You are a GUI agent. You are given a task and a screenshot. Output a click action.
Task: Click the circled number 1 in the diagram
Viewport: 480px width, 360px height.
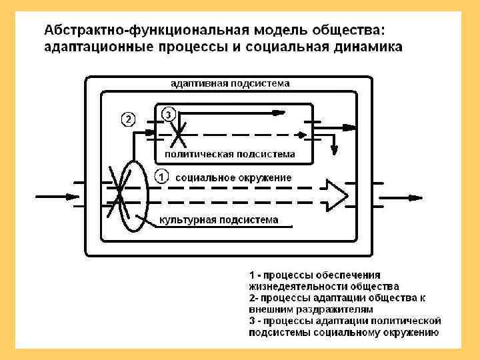pyautogui.click(x=161, y=177)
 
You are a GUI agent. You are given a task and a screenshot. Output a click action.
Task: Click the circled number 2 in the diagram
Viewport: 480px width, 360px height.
pyautogui.click(x=127, y=119)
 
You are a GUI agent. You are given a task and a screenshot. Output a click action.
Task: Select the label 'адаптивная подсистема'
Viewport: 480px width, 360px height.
pyautogui.click(x=230, y=84)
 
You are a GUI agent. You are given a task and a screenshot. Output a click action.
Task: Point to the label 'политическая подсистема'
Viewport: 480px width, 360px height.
pyautogui.click(x=229, y=155)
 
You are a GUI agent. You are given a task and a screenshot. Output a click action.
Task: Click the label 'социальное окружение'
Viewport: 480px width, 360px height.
pyautogui.click(x=233, y=178)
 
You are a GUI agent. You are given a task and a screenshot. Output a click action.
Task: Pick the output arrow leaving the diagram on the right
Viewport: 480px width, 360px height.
pyautogui.click(x=407, y=197)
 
